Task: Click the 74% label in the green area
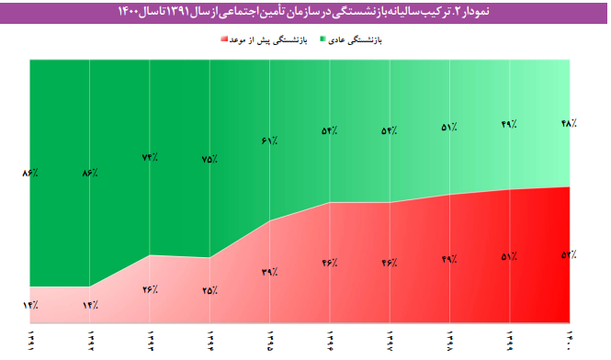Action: click(150, 157)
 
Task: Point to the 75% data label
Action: click(209, 159)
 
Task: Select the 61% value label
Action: click(270, 141)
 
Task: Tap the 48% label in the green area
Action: click(568, 122)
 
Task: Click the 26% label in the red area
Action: click(150, 289)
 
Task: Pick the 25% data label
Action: click(209, 290)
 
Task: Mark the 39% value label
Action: click(270, 272)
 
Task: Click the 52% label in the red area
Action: click(568, 254)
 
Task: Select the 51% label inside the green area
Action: click(449, 128)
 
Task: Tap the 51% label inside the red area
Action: click(509, 256)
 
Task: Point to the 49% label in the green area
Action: click(509, 124)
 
